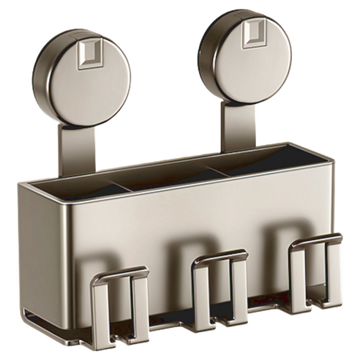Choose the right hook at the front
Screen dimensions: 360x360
[315, 271]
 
